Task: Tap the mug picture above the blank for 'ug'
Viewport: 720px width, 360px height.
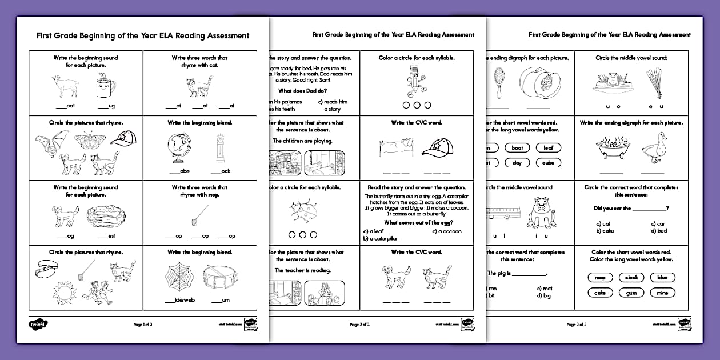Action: pyautogui.click(x=105, y=87)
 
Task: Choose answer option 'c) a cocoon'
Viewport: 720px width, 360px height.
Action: pyautogui.click(x=447, y=231)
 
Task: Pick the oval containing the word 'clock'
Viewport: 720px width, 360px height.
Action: pyautogui.click(x=631, y=278)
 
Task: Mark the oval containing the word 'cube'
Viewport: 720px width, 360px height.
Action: pyautogui.click(x=548, y=163)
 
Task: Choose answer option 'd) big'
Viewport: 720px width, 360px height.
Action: pyautogui.click(x=544, y=296)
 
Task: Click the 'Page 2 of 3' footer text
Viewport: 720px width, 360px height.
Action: pyautogui.click(x=359, y=325)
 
